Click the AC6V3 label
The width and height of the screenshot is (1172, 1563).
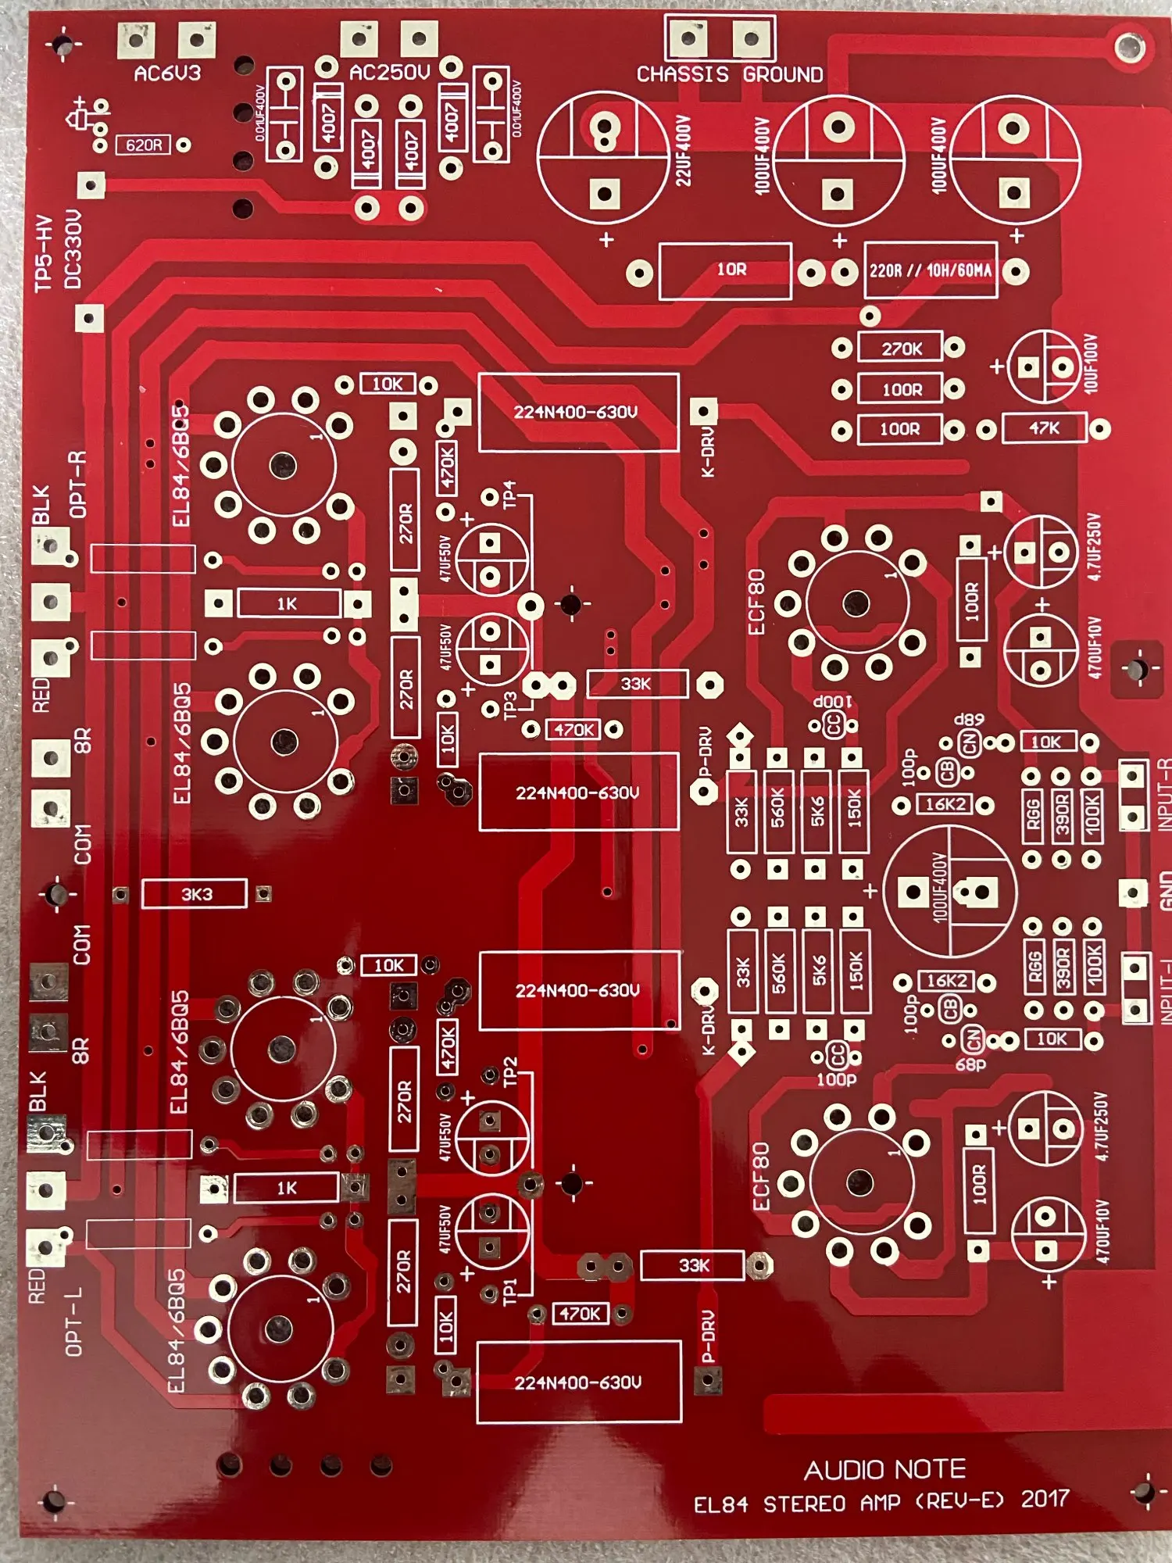click(167, 73)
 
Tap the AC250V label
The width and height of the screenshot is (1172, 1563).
click(389, 73)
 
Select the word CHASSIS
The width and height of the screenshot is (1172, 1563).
click(682, 74)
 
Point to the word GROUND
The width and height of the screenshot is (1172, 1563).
click(783, 74)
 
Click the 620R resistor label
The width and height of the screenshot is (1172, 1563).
click(144, 145)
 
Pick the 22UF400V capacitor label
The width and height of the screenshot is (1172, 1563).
click(684, 150)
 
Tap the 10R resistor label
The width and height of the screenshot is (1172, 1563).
click(731, 270)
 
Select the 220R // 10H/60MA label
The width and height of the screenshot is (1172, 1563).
click(931, 270)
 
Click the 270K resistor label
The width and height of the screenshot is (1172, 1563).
click(902, 349)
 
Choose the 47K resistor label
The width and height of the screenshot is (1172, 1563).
click(1044, 428)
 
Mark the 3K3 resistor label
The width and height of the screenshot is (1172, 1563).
click(196, 894)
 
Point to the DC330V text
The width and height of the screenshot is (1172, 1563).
click(73, 249)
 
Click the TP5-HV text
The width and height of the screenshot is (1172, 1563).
click(44, 254)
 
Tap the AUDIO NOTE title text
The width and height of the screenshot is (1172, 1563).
click(884, 1470)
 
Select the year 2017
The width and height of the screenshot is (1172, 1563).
click(1045, 1498)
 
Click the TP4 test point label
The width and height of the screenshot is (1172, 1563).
click(509, 494)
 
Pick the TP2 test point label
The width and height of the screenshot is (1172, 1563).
click(510, 1071)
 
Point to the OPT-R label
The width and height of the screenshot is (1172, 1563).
click(78, 485)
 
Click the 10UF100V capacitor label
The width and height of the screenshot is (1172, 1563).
click(1091, 363)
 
